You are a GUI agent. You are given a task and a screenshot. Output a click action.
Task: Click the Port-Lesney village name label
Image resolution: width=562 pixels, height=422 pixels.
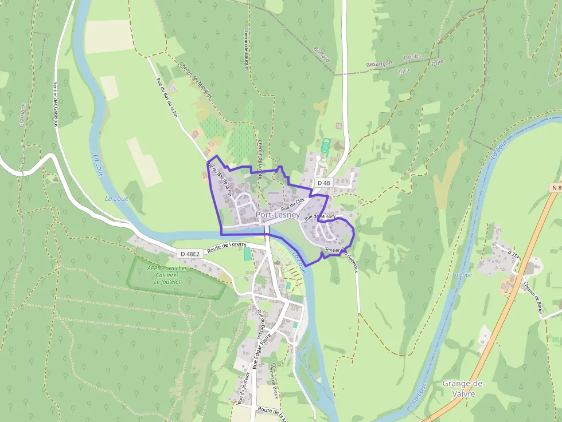pyautogui.click(x=278, y=215)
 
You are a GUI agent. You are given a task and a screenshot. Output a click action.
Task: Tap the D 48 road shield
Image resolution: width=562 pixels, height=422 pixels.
pyautogui.click(x=323, y=183)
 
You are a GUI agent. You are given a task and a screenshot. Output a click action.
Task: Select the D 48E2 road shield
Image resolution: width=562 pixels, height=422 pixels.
pyautogui.click(x=189, y=253)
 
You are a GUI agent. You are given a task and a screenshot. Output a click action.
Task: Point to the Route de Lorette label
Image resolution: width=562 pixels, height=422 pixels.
pyautogui.click(x=227, y=247)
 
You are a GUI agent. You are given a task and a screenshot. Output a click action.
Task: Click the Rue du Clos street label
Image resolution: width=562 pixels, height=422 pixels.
pyautogui.click(x=292, y=203)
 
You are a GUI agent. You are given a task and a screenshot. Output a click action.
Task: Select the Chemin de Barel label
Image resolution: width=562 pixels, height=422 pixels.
pyautogui.click(x=533, y=295)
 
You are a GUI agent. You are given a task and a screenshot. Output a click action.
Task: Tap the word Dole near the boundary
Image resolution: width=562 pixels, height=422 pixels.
pyautogui.click(x=437, y=62)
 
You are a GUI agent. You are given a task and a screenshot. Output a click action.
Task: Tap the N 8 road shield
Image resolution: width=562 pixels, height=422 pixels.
pyautogui.click(x=556, y=188)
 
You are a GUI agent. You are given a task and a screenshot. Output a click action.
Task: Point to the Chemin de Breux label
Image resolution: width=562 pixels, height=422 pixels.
pyautogui.click(x=274, y=381)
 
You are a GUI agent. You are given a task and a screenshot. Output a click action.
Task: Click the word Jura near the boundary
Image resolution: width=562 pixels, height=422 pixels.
pyautogui.click(x=404, y=70)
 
